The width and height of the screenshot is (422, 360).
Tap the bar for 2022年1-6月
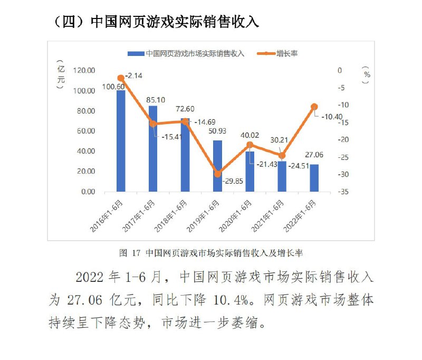[314, 178]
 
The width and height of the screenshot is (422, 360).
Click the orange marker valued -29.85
[217, 174]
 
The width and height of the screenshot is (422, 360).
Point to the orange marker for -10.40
[314, 107]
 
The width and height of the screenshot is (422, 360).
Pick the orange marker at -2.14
[121, 78]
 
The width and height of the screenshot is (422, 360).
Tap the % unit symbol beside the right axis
[367, 75]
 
